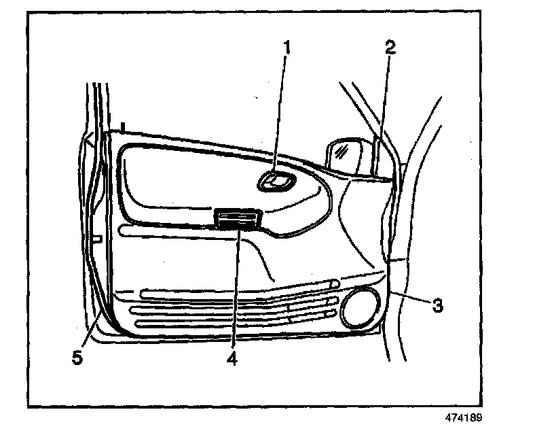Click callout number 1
coord(287,48)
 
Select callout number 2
coord(389,48)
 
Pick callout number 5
coord(78,358)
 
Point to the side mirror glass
coord(343,153)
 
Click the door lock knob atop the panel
coord(123,127)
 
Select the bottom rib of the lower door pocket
coord(238,323)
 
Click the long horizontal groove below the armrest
coord(170,232)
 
